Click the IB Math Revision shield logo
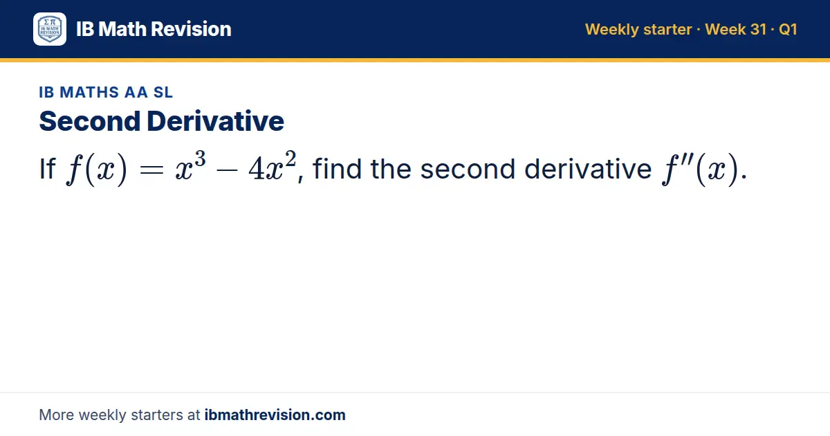coord(50,29)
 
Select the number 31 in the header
coord(758,29)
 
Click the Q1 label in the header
coord(788,30)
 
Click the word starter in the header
coord(667,30)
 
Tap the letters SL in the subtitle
coord(163,92)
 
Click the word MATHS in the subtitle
coord(89,92)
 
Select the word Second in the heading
coord(90,121)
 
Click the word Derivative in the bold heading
coord(215,121)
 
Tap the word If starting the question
coord(48,169)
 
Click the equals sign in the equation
coord(151,170)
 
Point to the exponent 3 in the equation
coord(200,158)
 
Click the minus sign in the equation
coord(226,170)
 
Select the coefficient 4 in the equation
coord(256,169)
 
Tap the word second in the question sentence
coord(468,169)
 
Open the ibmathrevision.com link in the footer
coord(275,415)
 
